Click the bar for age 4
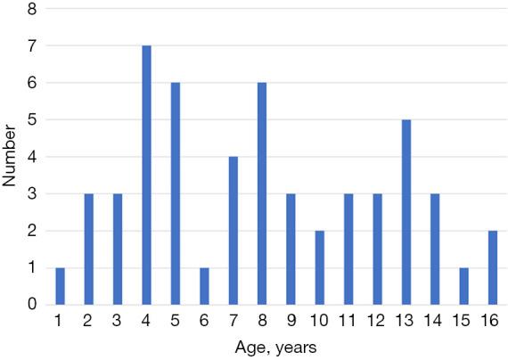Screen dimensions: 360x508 coord(147,175)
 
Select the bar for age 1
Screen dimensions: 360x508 coord(61,286)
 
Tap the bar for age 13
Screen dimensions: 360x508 coord(407,212)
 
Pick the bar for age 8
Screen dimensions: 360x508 coord(263,193)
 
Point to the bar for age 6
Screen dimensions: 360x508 coord(205,286)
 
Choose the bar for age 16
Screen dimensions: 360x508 coord(494,267)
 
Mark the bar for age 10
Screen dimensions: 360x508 coord(321,267)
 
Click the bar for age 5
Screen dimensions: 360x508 coord(176,193)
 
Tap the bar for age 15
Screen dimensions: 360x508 coord(465,286)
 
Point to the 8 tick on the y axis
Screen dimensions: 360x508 coord(32,9)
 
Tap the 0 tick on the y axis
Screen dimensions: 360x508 coord(32,305)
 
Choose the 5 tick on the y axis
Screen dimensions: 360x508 coord(32,119)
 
